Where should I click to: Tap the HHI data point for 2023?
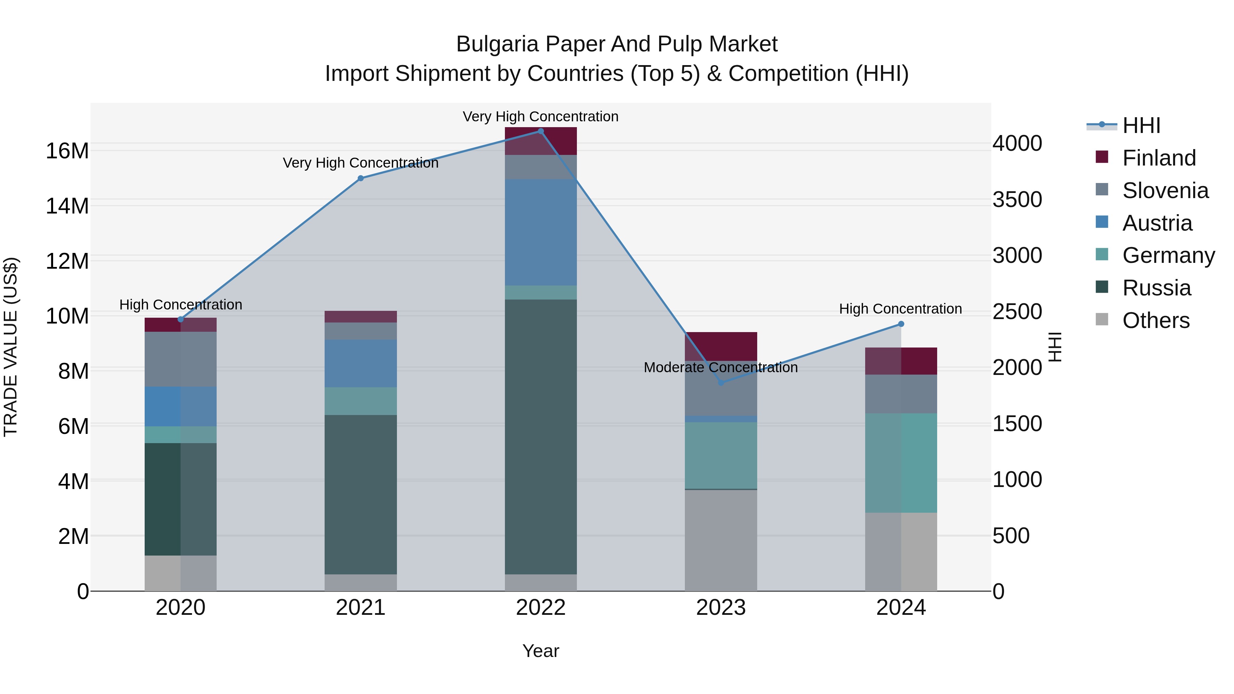[x=721, y=383]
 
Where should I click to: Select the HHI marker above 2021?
[x=361, y=178]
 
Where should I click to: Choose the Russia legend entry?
[x=1157, y=288]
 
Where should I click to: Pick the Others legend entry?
[x=1156, y=320]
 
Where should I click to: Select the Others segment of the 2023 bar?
[x=721, y=540]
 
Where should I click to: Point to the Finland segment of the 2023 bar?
[x=721, y=346]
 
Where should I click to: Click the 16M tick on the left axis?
[x=67, y=151]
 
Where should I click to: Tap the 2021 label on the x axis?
[x=361, y=608]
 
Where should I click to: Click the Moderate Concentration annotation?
[x=721, y=367]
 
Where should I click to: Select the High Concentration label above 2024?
[x=900, y=309]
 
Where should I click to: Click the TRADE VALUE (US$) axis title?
[x=11, y=347]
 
